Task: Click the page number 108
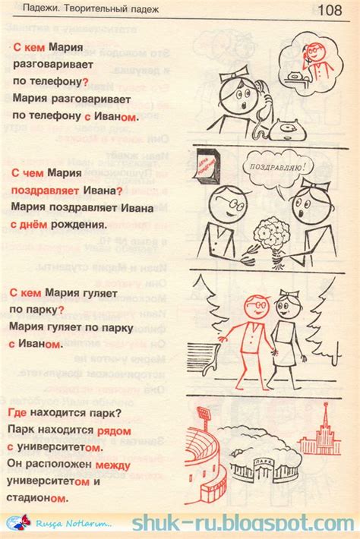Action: pos(329,11)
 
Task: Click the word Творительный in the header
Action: pos(99,9)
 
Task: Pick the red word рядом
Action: pos(113,430)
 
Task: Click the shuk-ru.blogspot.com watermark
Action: pos(242,524)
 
